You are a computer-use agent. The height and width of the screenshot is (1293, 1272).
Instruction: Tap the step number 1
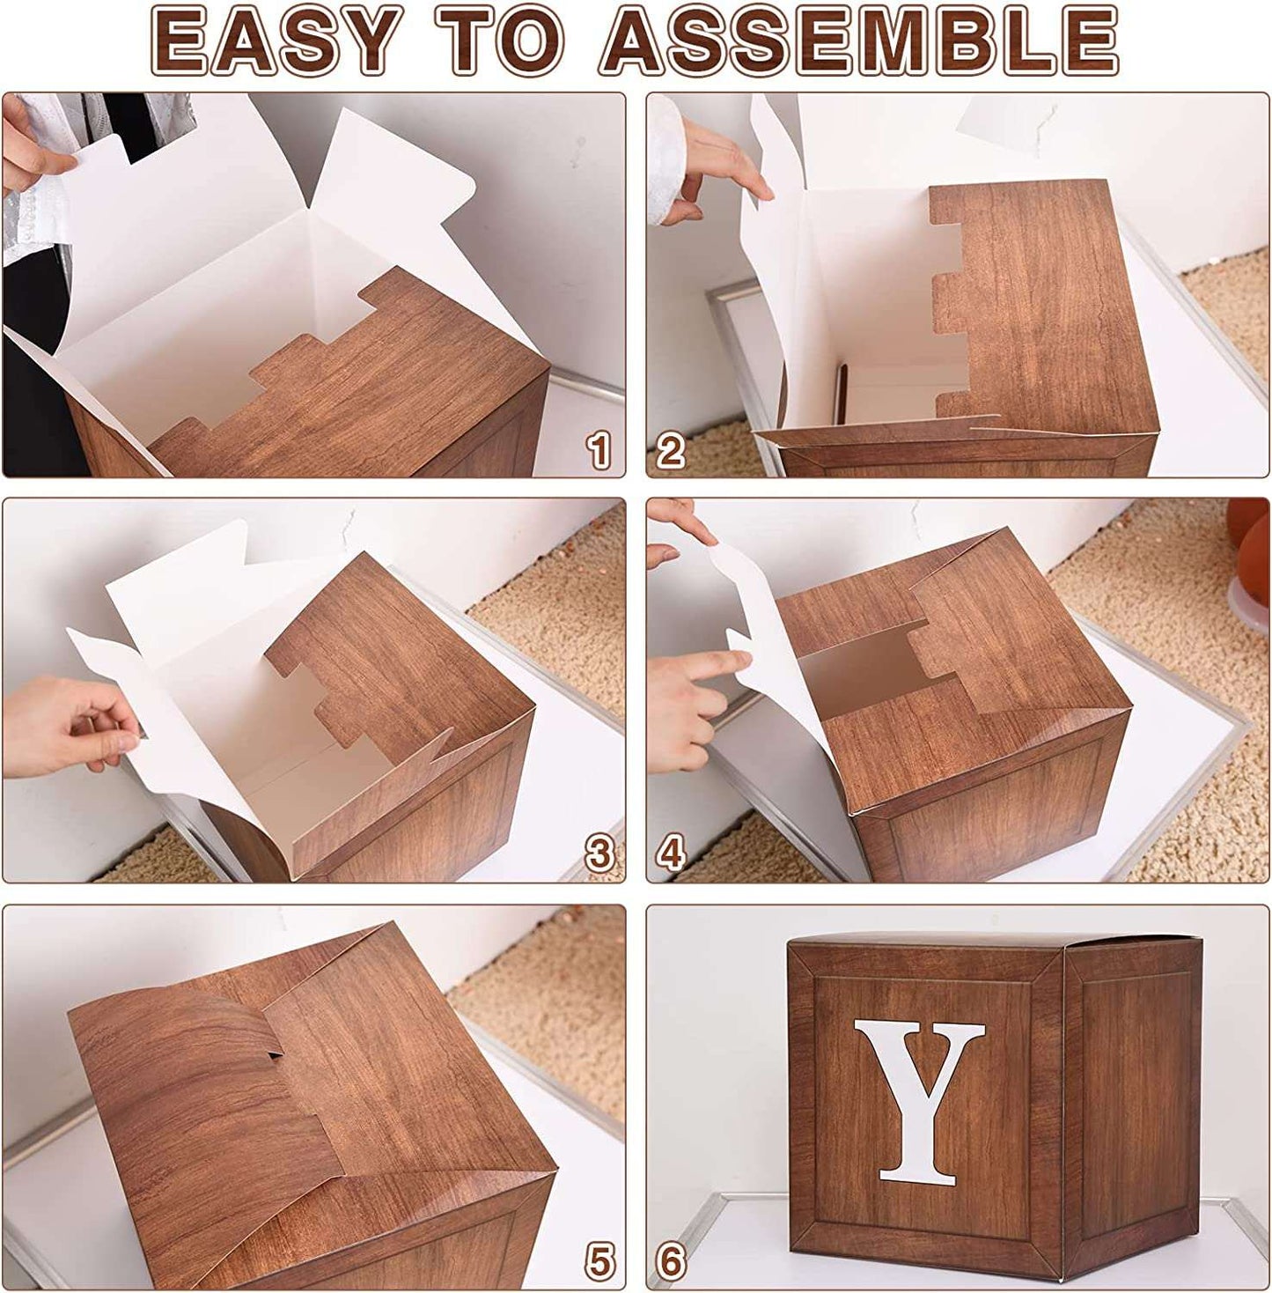[599, 449]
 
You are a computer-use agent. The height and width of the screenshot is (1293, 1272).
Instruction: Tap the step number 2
[671, 449]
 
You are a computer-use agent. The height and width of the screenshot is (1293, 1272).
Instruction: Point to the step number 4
[671, 853]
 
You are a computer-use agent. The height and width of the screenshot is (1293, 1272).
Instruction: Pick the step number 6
[671, 1260]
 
